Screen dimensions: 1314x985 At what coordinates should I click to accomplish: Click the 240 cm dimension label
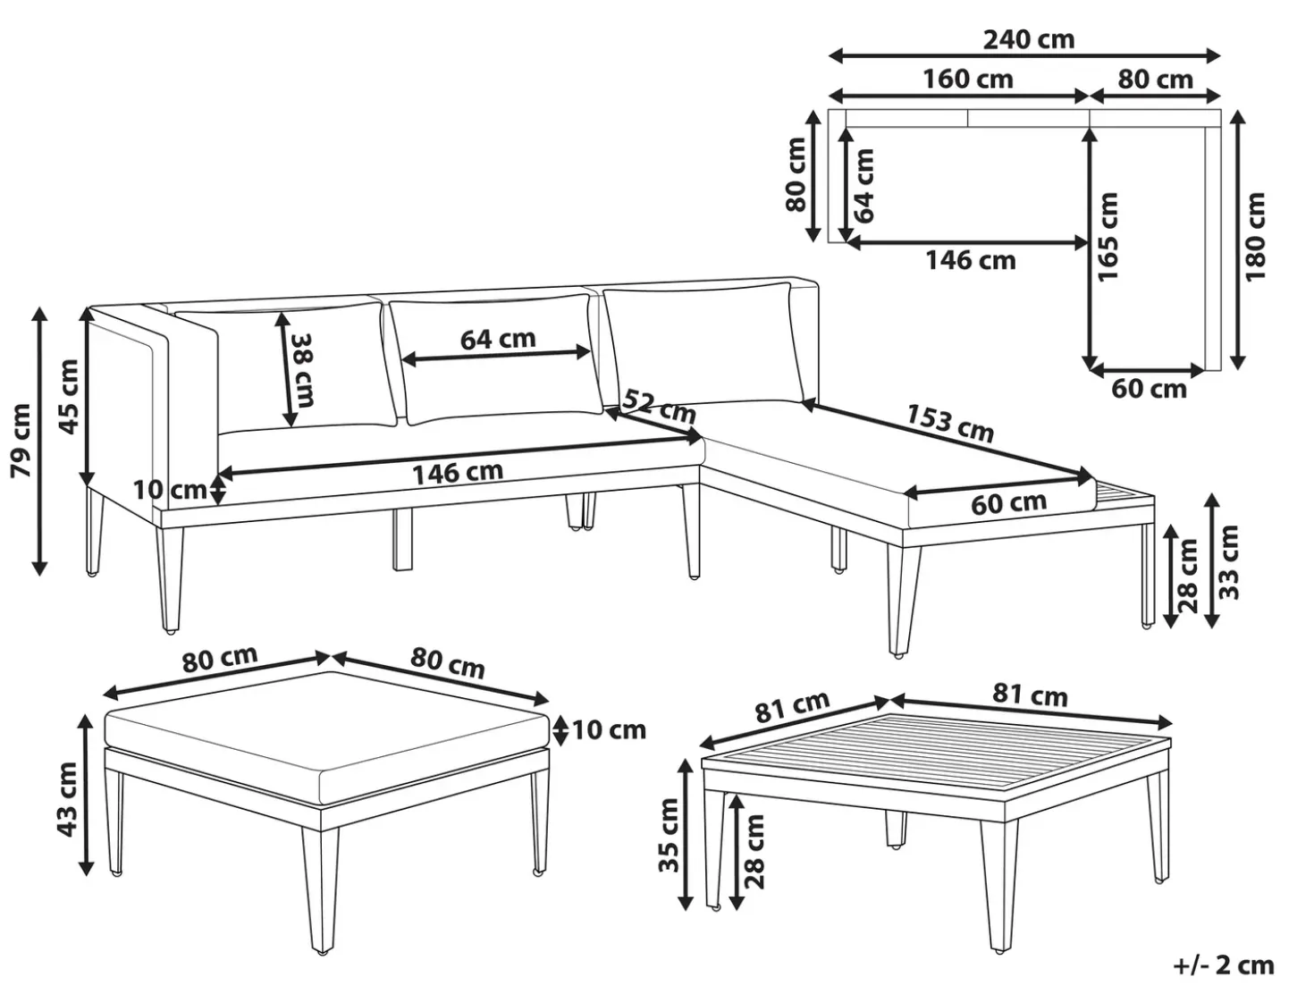click(x=1028, y=39)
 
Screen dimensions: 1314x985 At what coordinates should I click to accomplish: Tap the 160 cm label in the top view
click(x=967, y=79)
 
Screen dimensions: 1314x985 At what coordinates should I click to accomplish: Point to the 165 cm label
click(x=1108, y=236)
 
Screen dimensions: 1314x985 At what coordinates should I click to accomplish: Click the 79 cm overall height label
click(x=21, y=441)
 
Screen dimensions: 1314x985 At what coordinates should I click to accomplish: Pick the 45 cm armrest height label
click(x=69, y=396)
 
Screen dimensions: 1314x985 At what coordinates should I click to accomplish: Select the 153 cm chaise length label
click(x=949, y=423)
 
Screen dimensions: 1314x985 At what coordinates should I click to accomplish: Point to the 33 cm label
click(x=1228, y=562)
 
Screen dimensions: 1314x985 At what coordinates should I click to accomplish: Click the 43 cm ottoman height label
click(x=66, y=799)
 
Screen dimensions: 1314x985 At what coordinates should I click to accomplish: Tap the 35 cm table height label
click(x=668, y=835)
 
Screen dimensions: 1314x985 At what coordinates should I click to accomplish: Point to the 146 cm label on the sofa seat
click(x=458, y=473)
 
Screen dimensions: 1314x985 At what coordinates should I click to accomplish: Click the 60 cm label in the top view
click(x=1149, y=389)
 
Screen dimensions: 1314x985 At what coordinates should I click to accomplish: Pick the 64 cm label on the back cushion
click(x=498, y=340)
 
